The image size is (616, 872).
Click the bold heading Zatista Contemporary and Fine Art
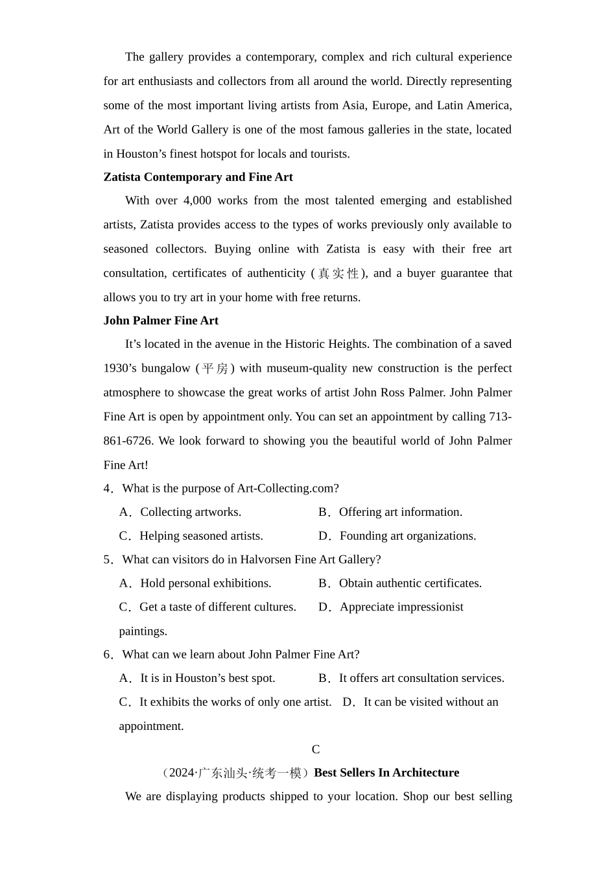pyautogui.click(x=198, y=177)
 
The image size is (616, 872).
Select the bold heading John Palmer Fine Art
pyautogui.click(x=161, y=321)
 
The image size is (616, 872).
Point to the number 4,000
pyautogui.click(x=197, y=200)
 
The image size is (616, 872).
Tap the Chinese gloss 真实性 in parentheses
pyautogui.click(x=338, y=274)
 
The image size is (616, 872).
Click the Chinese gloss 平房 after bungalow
pyautogui.click(x=215, y=369)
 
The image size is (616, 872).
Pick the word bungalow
pyautogui.click(x=165, y=369)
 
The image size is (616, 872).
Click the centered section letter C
pyautogui.click(x=316, y=750)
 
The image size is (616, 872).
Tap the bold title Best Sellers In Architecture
pyautogui.click(x=386, y=773)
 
